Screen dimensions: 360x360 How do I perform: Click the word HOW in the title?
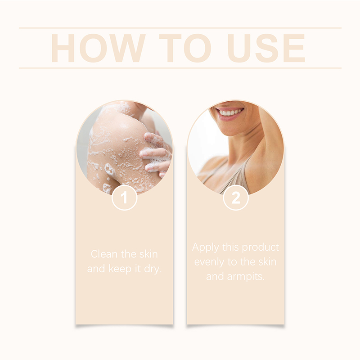[x=98, y=48]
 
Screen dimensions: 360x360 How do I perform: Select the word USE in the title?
[x=266, y=48]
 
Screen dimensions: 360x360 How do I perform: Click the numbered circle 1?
[x=125, y=198]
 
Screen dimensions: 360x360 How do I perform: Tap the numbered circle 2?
[x=236, y=198]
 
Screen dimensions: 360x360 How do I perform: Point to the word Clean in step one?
[x=104, y=254]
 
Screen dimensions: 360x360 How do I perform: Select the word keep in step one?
[x=120, y=269]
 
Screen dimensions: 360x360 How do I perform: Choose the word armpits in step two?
[x=246, y=277]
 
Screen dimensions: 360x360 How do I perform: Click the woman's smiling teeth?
[x=231, y=112]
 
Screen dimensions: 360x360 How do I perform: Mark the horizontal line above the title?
[x=180, y=28]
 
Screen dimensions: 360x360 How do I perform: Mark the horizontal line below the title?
[x=180, y=68]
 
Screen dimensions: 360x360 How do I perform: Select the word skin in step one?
[x=149, y=254]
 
